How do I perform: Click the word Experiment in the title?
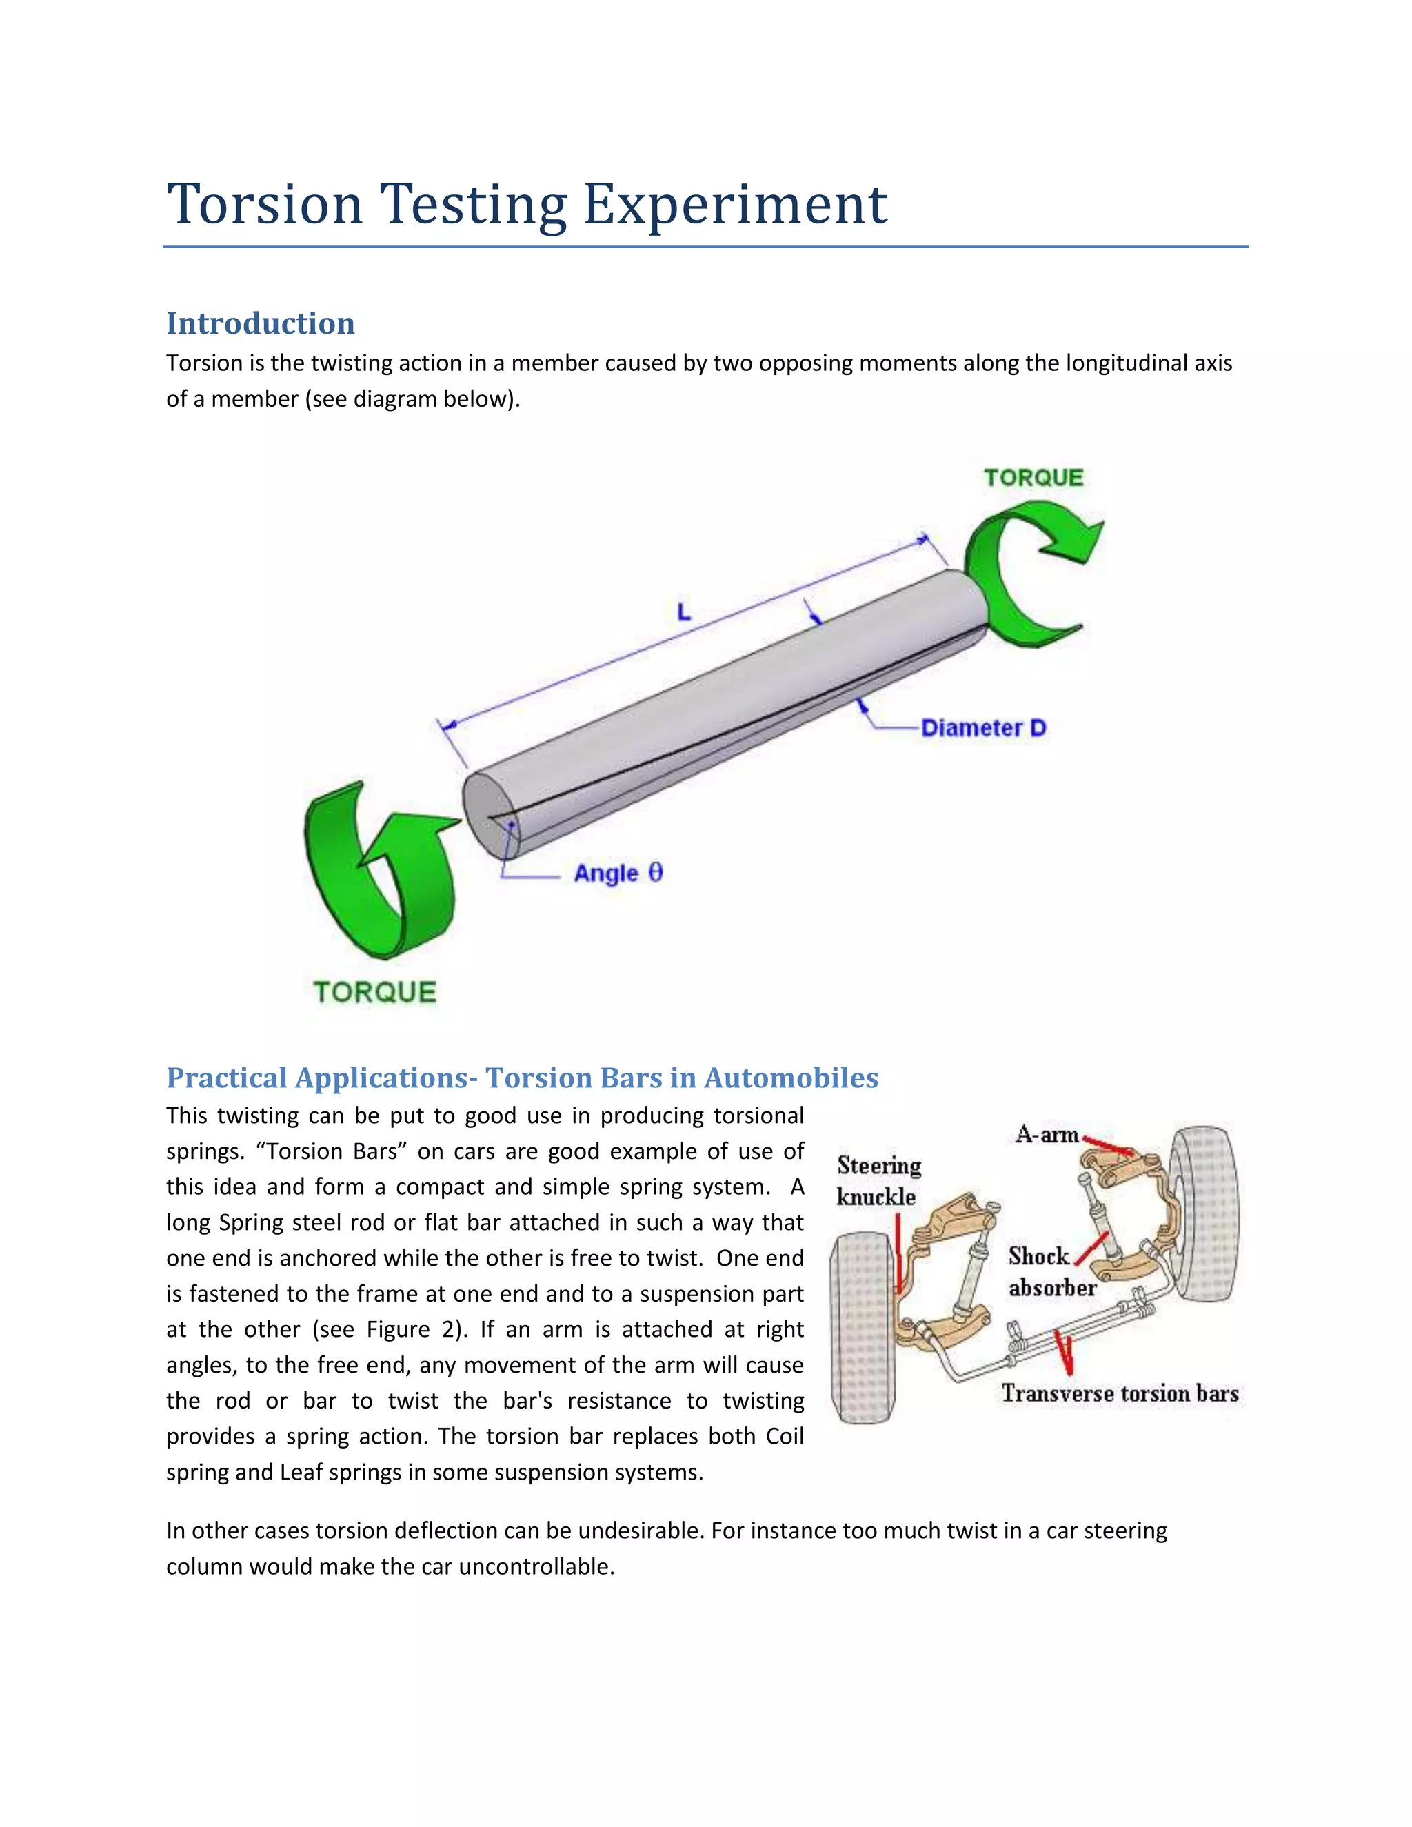point(734,204)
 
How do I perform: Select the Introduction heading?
point(260,324)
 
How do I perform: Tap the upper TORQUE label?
point(1033,478)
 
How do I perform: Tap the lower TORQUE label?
point(375,992)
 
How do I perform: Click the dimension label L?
point(684,612)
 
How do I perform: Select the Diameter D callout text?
point(984,728)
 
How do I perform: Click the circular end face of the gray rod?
point(490,816)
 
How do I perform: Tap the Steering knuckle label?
point(878,1181)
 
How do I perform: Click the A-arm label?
point(1047,1135)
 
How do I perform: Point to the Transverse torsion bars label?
point(1119,1393)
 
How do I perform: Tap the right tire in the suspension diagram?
point(1205,1213)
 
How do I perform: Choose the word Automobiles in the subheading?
point(791,1078)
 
